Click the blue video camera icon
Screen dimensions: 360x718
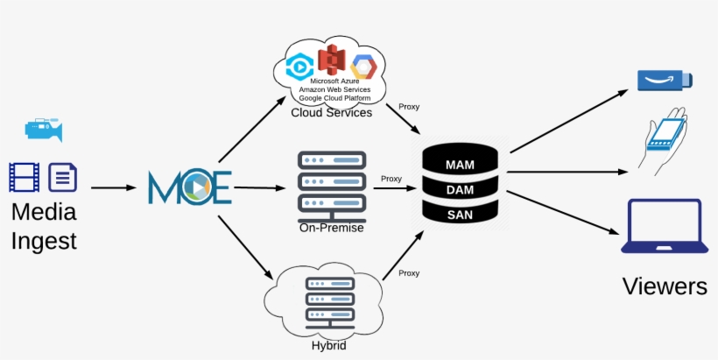(43, 130)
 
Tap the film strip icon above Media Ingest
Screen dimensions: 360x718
(24, 177)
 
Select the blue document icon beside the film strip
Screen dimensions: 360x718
(62, 177)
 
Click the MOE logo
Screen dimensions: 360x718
(189, 187)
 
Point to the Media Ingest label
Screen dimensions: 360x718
(44, 226)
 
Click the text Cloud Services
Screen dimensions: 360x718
(332, 112)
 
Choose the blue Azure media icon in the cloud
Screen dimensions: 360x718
(300, 66)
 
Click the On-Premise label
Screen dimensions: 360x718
(331, 228)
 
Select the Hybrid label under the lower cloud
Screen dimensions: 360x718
(328, 346)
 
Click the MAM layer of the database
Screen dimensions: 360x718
(460, 165)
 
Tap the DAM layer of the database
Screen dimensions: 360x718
(460, 189)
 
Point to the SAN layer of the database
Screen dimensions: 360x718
(460, 214)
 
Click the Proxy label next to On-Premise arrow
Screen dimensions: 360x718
(391, 179)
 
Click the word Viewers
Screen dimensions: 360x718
(665, 286)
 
